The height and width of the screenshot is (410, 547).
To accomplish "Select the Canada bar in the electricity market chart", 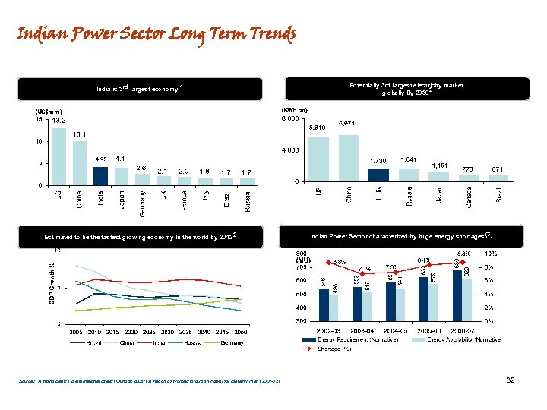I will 468,178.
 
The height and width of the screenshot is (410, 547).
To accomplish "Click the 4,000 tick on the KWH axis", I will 292,150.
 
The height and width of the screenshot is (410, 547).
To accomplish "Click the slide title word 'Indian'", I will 38,35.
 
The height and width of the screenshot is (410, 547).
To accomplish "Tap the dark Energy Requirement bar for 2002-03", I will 324,300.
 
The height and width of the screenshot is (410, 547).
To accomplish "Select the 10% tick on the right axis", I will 492,254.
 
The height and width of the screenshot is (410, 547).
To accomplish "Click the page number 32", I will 511,380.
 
